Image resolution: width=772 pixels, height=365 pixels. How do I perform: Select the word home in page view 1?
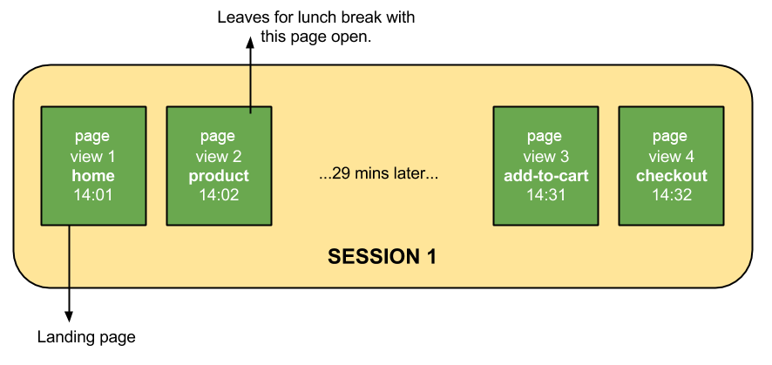[93, 176]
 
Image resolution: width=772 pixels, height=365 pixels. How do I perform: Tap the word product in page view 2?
[219, 176]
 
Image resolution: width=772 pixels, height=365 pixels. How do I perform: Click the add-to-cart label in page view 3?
[545, 176]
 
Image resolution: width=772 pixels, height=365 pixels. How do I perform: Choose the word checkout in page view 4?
[671, 176]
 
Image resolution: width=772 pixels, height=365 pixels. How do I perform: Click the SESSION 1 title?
[382, 257]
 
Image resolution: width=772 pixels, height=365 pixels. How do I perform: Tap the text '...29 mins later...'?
[378, 174]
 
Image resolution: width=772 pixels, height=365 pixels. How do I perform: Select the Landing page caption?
[86, 337]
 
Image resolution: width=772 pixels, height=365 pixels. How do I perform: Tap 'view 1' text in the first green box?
[93, 157]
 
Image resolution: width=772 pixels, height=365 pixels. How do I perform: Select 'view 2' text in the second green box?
[219, 157]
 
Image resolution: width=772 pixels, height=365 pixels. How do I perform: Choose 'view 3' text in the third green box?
[545, 157]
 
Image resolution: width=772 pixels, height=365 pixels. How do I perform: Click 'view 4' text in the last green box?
[671, 157]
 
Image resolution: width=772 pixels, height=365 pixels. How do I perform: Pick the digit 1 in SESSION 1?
[430, 257]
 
